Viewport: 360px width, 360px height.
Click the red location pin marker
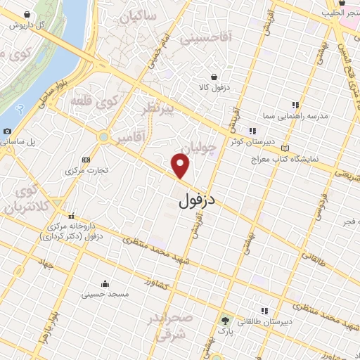pos(181,166)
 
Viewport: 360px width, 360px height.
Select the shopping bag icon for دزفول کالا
pos(214,77)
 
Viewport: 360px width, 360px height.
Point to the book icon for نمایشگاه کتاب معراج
pos(285,148)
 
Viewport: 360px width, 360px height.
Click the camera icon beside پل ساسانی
pos(7,131)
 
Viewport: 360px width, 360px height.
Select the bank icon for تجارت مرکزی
pos(86,160)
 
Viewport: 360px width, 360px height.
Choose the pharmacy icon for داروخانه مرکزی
pos(71,216)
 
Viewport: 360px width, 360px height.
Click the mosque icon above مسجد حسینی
pos(105,284)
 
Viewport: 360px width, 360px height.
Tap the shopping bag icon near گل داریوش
pos(27,14)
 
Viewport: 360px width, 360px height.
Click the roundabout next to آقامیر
pos(103,136)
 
